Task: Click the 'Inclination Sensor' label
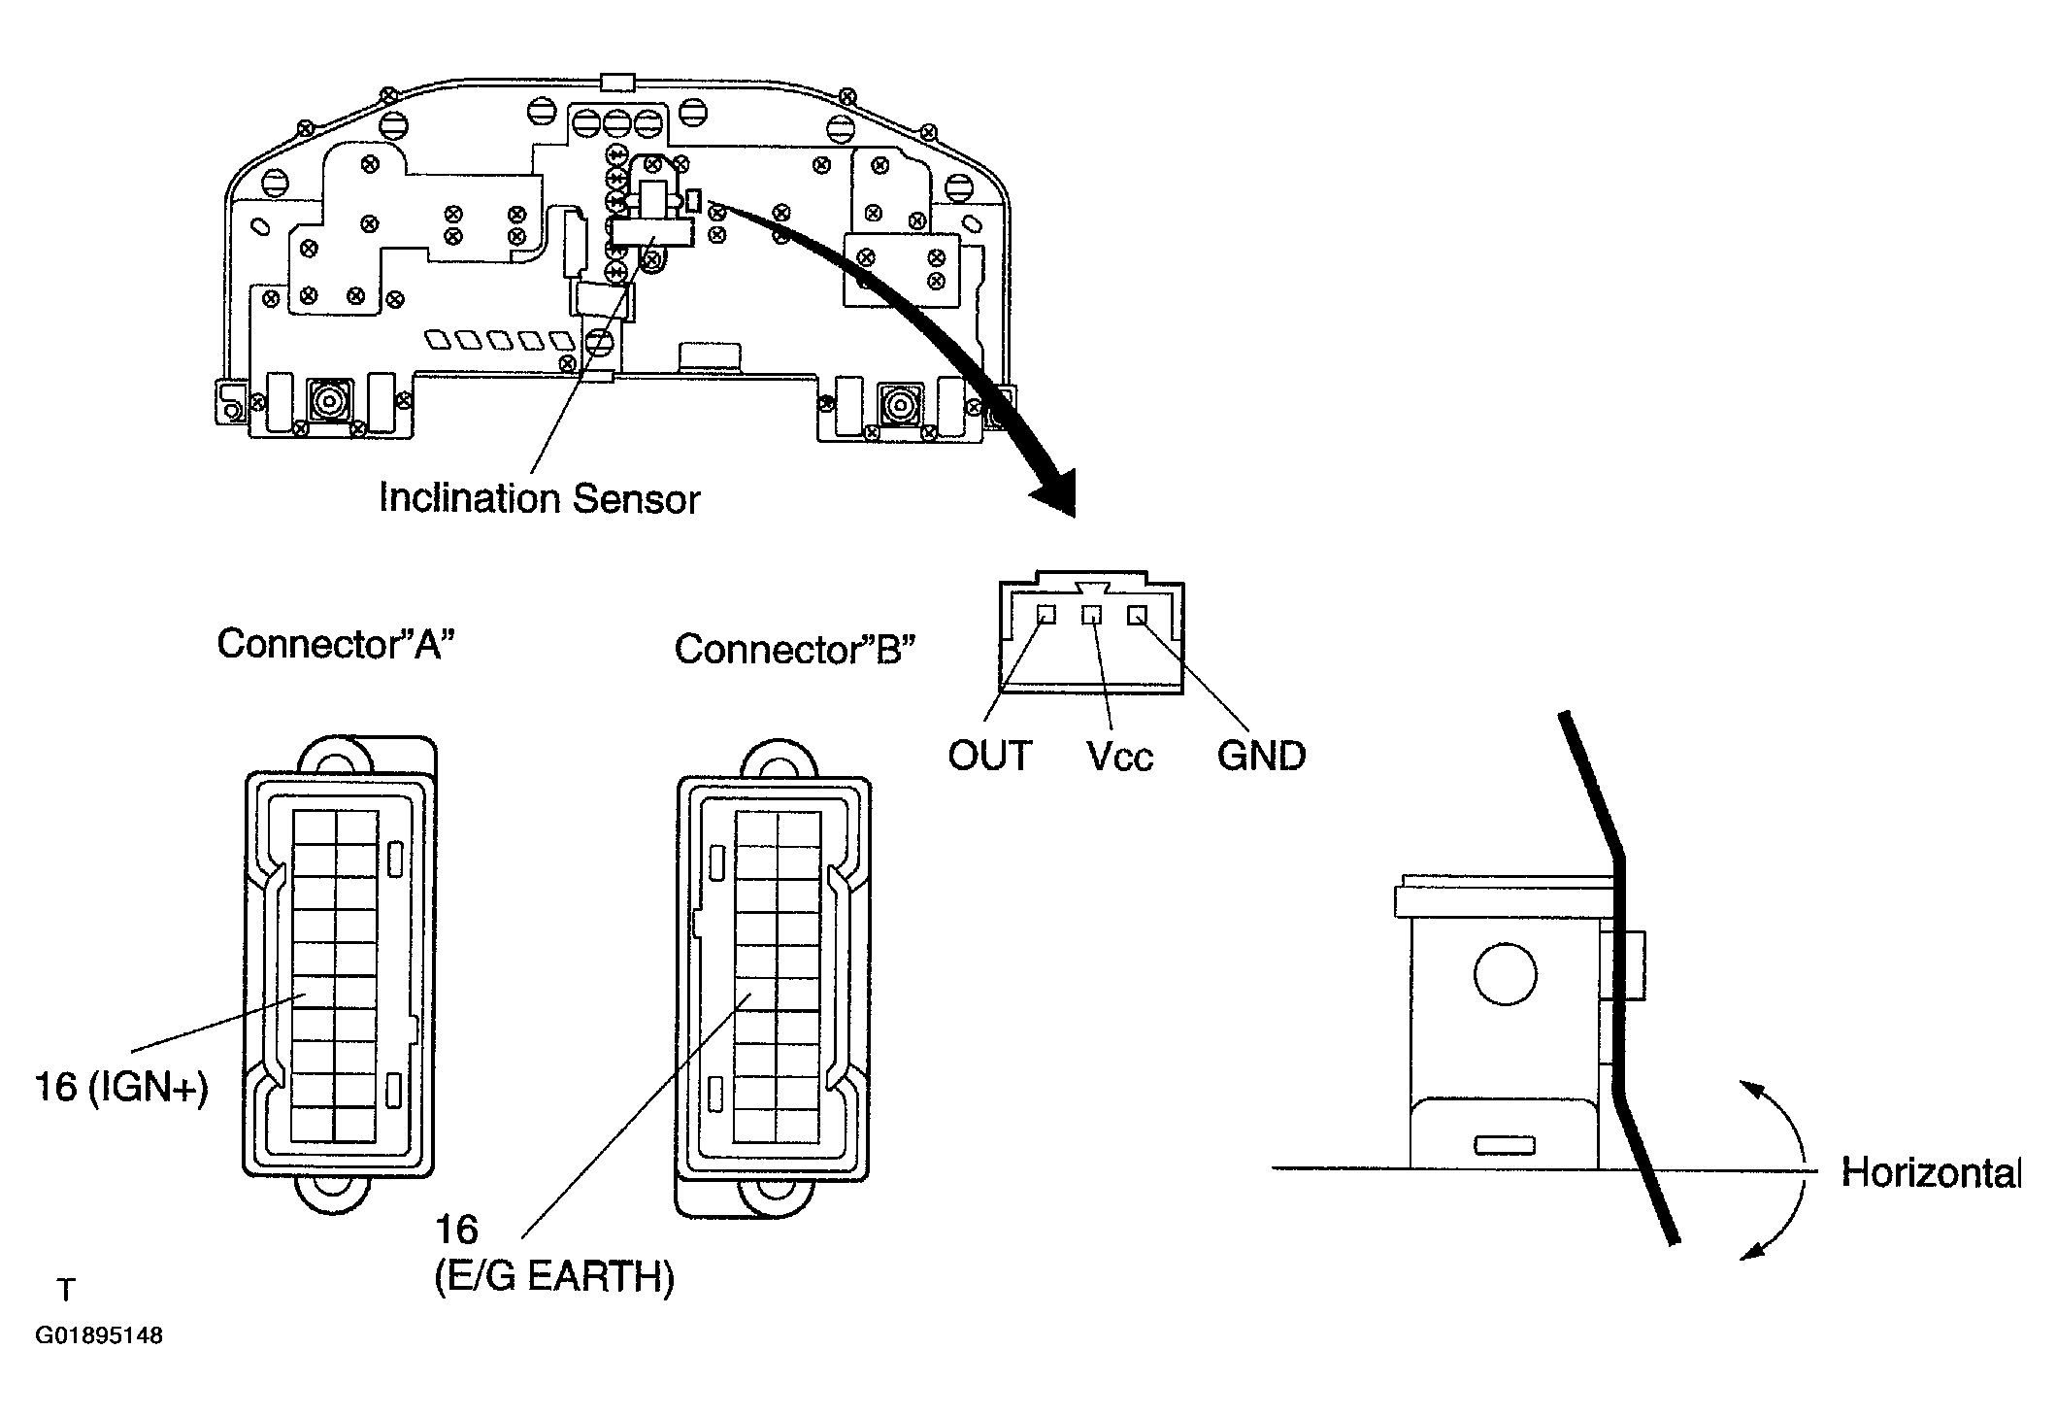pos(539,498)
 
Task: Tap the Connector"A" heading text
pos(336,643)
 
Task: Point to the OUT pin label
pos(990,756)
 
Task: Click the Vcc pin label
pos(1120,757)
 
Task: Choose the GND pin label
pos(1261,756)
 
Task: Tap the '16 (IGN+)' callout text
pos(121,1088)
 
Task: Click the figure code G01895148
pos(99,1335)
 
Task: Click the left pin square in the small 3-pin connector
pos(1046,615)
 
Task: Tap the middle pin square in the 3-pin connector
pos(1092,615)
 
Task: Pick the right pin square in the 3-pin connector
pos(1137,615)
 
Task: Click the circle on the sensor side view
pos(1505,973)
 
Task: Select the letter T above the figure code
pos(66,1290)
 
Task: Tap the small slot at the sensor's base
pos(1505,1146)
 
